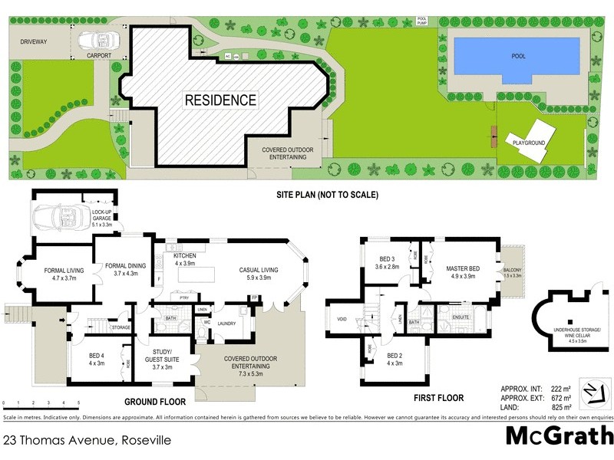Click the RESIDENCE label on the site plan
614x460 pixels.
coord(220,100)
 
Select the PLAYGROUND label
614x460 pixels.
coord(529,143)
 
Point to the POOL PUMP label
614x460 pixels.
coord(422,21)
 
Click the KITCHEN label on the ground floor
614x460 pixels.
coord(185,256)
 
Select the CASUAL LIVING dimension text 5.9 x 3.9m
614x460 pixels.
coord(258,278)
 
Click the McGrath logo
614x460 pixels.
coord(558,436)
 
